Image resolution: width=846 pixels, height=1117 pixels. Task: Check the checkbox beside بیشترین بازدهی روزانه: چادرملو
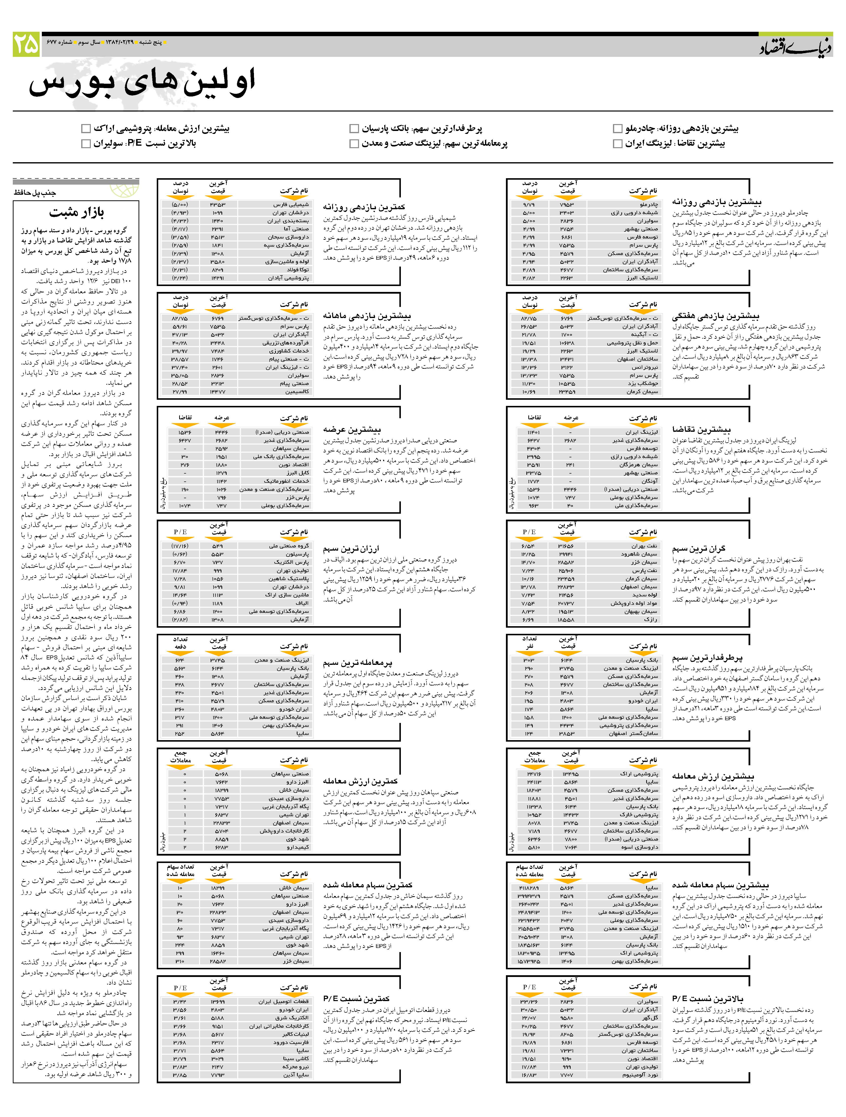617,129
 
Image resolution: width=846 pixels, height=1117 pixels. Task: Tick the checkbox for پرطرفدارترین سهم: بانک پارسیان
354,129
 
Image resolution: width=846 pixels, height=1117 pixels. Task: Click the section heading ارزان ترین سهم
351,548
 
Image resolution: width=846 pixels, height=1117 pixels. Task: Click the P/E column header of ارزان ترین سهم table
180,532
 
